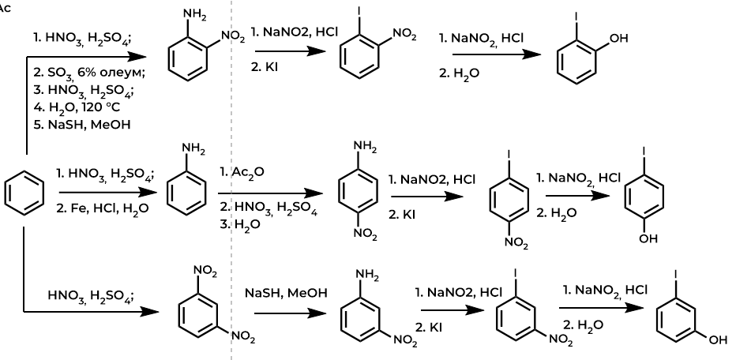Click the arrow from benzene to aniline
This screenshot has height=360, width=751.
103,191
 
